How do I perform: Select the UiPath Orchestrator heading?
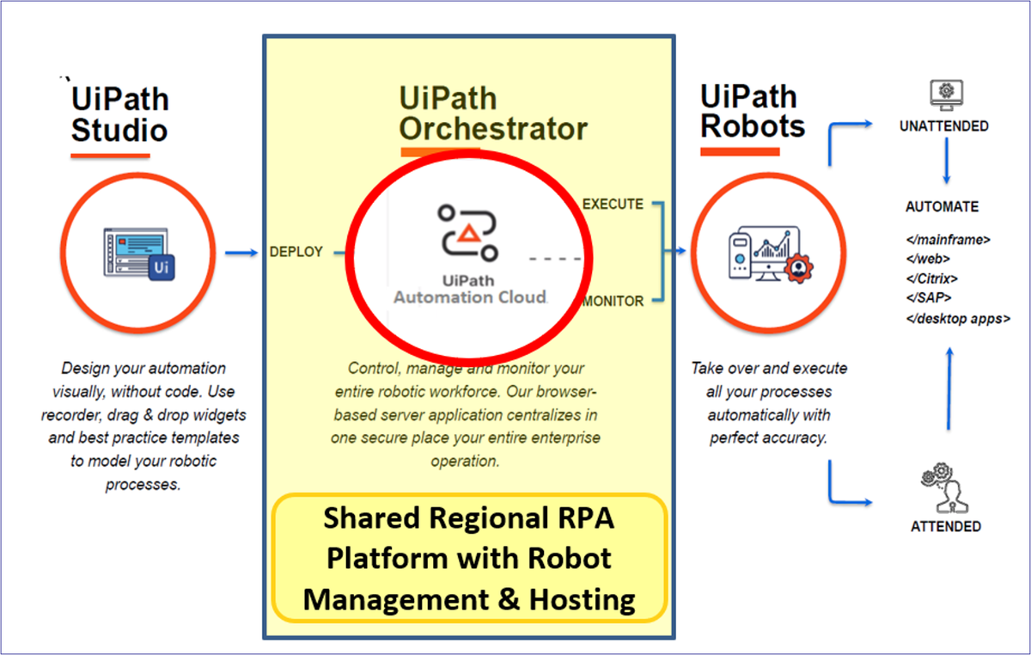point(493,113)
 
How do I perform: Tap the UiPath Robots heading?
point(753,111)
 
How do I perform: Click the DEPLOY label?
point(296,252)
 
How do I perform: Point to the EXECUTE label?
point(613,204)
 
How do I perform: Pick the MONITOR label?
point(613,301)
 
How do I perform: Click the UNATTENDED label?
point(944,126)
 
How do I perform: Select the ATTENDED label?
point(946,526)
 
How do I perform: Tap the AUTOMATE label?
point(942,207)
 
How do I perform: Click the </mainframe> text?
point(948,240)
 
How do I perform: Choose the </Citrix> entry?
point(931,279)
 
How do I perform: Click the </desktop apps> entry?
point(957,318)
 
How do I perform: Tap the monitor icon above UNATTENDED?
point(946,93)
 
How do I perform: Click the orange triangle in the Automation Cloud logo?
point(467,231)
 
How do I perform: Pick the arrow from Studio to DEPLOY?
point(241,253)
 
